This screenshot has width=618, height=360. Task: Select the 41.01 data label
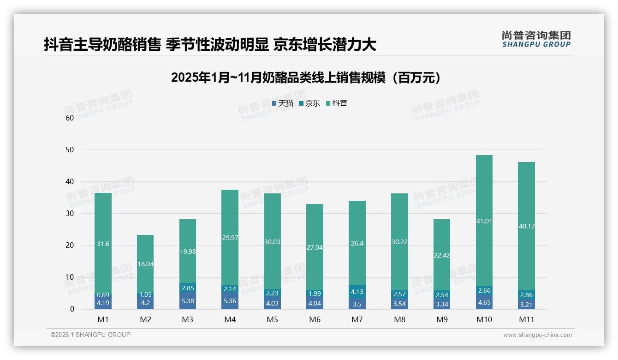coord(484,221)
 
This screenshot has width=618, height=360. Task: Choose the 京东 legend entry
coord(309,103)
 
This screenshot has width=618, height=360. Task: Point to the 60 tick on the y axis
coord(70,118)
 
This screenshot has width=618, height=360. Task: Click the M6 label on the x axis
coord(315,319)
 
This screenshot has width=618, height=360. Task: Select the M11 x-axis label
coord(526,319)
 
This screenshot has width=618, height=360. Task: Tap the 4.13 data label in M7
coord(357,292)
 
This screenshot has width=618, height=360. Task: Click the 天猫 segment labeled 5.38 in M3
coord(187,300)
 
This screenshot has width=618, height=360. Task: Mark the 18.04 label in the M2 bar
coord(145,264)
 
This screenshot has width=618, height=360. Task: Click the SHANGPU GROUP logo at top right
coord(536,39)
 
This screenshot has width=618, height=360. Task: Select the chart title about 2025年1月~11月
coord(305,78)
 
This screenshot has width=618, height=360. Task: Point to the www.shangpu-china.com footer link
coord(537,335)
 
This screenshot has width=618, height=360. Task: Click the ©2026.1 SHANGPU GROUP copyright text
coord(90,335)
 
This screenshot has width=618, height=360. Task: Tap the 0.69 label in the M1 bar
coord(103,294)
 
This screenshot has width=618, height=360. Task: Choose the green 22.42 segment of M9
coord(442,254)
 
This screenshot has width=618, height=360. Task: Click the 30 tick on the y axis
coord(70,213)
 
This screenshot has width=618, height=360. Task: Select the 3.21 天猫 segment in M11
coord(526,304)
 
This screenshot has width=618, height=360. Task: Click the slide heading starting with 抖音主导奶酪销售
coord(210,45)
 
